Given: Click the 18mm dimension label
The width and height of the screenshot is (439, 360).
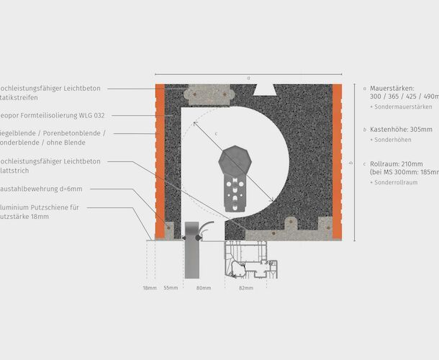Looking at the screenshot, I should coord(149,288).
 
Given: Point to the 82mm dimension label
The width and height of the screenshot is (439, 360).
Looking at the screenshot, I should coord(245,288).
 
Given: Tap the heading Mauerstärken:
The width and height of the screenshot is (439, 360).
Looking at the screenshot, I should coord(392,87).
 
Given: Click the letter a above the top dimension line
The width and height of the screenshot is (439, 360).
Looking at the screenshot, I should coord(248,77).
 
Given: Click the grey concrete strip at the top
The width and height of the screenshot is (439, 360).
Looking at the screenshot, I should coord(209,94).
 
